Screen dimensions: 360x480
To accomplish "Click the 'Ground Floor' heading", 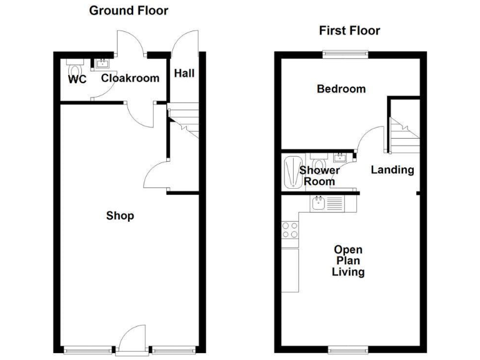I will pos(128,11).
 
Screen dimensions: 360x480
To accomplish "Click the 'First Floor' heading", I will pos(349,31).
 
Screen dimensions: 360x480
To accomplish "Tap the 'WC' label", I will pos(77,79).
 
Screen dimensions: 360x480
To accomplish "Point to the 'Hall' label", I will pos(184,74).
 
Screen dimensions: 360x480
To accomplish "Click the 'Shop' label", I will pos(120,216).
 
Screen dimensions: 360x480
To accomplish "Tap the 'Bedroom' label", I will pos(341,89).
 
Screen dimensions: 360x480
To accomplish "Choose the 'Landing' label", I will pos(392,169).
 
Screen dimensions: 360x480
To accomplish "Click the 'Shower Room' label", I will pos(319,176).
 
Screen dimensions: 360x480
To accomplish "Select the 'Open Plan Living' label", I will pos(348,261).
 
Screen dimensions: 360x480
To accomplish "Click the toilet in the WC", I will pos(75,67).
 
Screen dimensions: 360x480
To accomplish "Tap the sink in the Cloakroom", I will pos(100,63).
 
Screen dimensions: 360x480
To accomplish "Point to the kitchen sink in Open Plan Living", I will pos(319,202).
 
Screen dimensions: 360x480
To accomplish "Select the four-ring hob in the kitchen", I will pos(289,230).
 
